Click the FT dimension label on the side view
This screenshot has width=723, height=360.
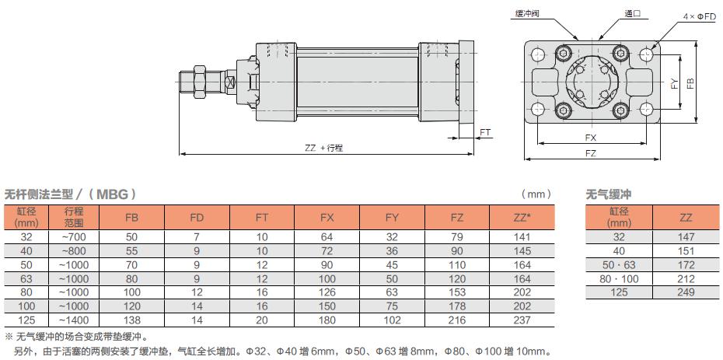pyautogui.click(x=485, y=133)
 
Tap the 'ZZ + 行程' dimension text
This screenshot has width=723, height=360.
pyautogui.click(x=323, y=149)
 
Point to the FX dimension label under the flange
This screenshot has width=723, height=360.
pyautogui.click(x=591, y=138)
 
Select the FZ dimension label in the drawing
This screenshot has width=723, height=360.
pyautogui.click(x=591, y=153)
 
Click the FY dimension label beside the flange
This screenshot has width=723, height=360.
pyautogui.click(x=675, y=83)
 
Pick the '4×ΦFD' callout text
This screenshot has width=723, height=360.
pyautogui.click(x=700, y=16)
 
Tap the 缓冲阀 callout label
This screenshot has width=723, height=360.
pyautogui.click(x=528, y=13)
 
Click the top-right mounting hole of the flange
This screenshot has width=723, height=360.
pyautogui.click(x=647, y=55)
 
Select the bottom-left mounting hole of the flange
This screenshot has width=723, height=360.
pyautogui.click(x=538, y=110)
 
